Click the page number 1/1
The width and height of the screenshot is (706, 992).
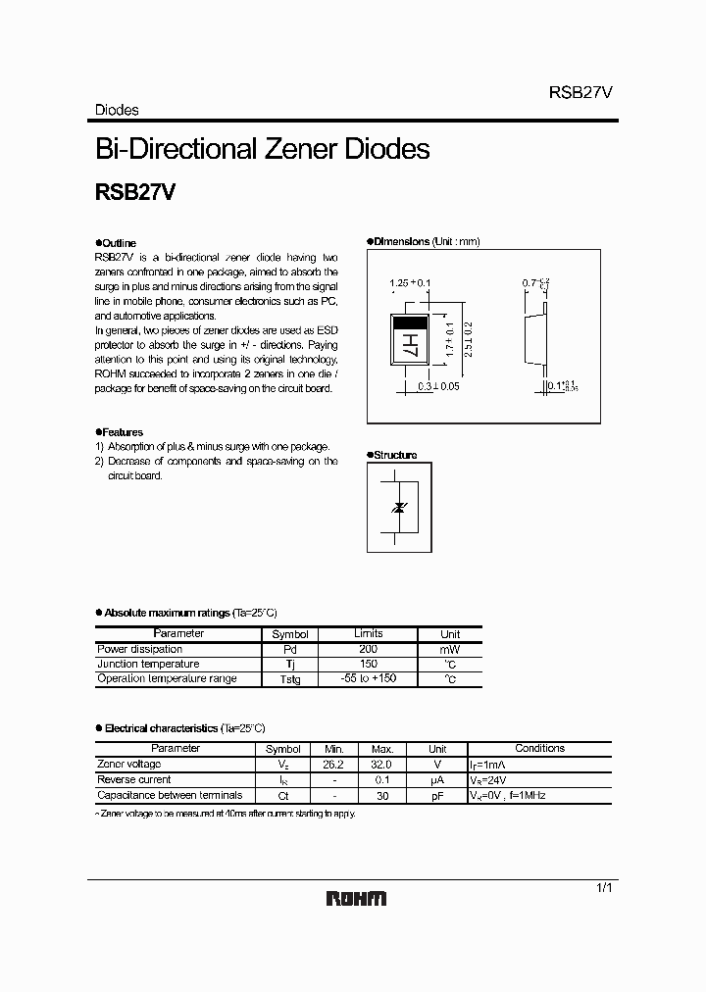coord(604,887)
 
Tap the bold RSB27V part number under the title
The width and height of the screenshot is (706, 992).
coord(134,193)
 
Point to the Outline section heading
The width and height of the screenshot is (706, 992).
coord(119,242)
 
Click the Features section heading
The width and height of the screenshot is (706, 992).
coord(123,431)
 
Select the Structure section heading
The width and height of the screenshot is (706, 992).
coord(394,455)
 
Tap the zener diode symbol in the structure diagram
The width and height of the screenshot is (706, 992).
coord(398,507)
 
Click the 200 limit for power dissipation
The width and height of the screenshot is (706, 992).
coord(368,649)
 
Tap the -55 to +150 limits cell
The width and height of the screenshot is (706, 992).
coord(368,678)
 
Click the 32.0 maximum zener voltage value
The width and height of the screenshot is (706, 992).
coord(381,764)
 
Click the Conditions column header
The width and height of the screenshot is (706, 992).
coord(539,748)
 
